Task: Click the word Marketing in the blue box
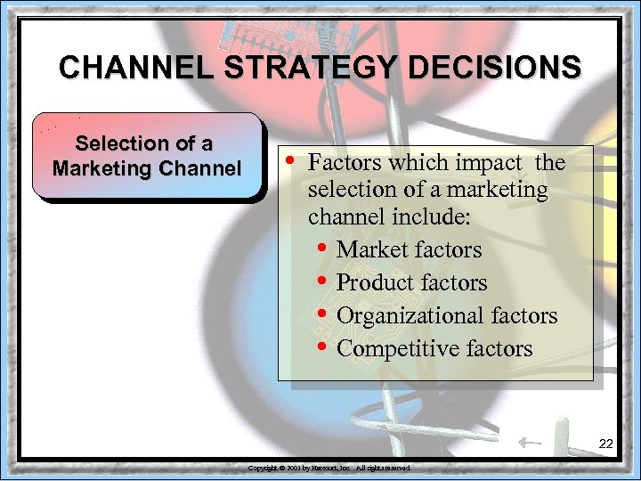pos(98,167)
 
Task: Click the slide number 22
pos(605,444)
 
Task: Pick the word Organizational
pos(410,316)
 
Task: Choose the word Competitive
pos(396,349)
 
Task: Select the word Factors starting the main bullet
pos(344,163)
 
